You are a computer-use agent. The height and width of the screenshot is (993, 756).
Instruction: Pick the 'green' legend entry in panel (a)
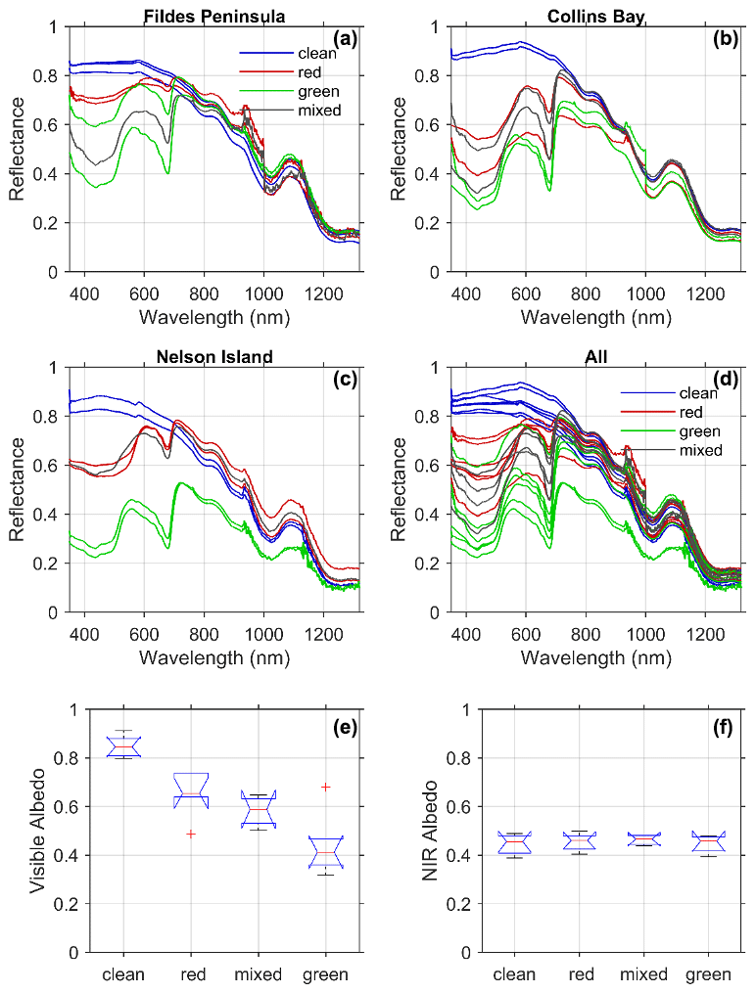pos(316,91)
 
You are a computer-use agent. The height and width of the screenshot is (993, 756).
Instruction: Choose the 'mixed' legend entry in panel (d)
pos(700,450)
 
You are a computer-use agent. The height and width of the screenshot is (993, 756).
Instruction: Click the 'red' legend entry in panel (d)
pos(692,413)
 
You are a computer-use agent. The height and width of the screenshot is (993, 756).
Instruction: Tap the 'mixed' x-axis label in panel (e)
pos(259,974)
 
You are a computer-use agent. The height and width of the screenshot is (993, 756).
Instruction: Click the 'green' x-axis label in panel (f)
pos(707,974)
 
